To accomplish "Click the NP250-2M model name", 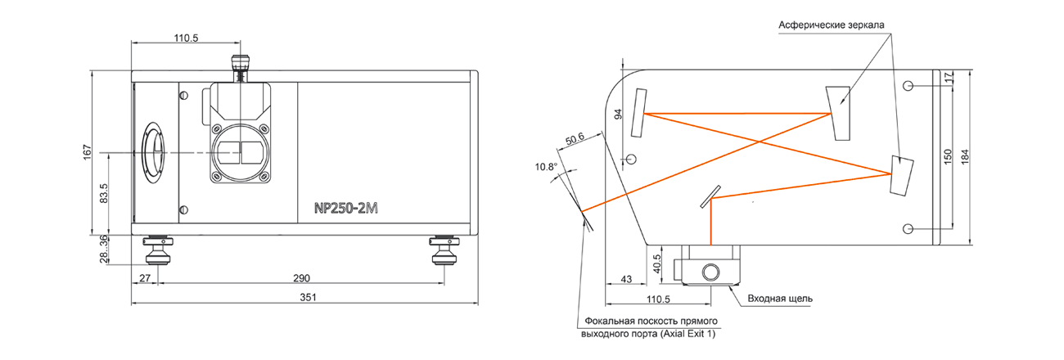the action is point(345,209).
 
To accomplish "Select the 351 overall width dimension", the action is point(308,297).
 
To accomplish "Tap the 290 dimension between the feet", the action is point(301,278).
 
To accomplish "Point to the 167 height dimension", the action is point(88,152).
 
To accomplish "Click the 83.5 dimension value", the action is point(104,193).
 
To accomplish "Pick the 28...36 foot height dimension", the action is point(104,249).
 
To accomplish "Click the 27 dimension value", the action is point(145,278).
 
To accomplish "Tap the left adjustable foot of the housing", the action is point(158,250).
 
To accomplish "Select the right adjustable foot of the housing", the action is point(444,250).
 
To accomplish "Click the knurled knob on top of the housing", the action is point(240,64).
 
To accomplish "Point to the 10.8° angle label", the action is point(546,167).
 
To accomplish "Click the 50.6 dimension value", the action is point(575,138).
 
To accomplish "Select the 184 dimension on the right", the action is point(965,157).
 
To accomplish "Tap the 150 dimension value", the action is point(948,157).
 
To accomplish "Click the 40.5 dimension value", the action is point(657,264).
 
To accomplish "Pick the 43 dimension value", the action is point(626,279).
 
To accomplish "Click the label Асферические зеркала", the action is point(832,25).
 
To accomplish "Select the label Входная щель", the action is point(780,299).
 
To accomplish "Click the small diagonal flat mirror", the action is point(710,196).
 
